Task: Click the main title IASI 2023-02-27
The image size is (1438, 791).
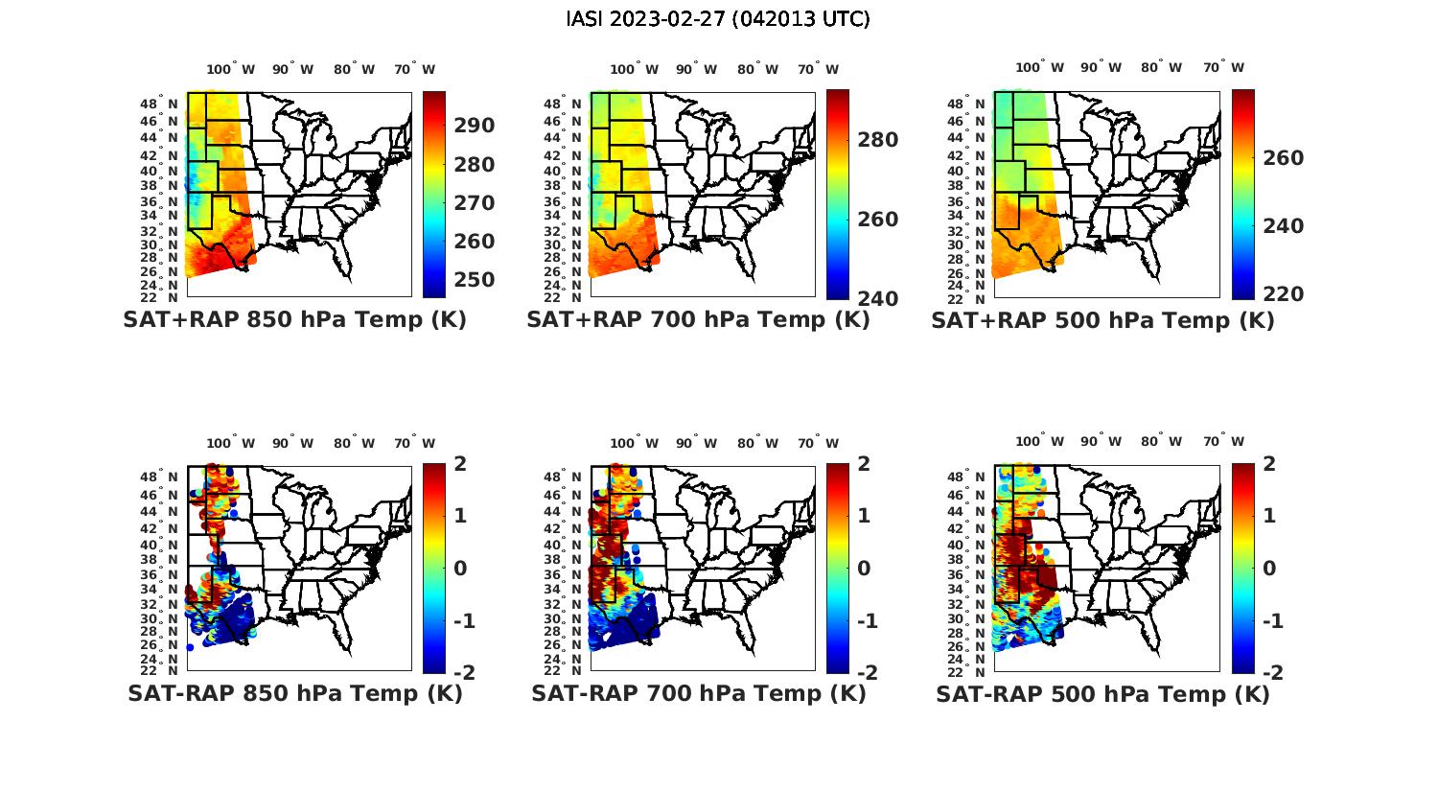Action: [x=718, y=19]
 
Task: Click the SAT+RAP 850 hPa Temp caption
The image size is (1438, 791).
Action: [x=294, y=320]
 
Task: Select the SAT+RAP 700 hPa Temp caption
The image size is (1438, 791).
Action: [x=698, y=320]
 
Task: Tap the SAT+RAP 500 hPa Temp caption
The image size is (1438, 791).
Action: [x=1102, y=320]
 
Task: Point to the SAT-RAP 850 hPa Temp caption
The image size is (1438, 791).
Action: [x=294, y=693]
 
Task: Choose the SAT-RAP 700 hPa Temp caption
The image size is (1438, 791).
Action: [x=698, y=693]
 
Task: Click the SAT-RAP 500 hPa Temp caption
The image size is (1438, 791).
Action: [x=1102, y=694]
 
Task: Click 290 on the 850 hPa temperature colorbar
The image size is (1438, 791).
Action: [x=475, y=126]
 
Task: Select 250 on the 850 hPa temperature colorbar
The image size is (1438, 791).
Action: [x=475, y=280]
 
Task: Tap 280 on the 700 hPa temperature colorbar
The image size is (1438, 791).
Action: [x=878, y=140]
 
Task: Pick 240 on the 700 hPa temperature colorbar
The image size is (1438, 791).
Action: [x=878, y=298]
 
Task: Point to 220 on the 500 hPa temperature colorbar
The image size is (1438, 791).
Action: [x=1283, y=294]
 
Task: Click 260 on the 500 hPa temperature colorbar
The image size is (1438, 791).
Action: [x=1283, y=158]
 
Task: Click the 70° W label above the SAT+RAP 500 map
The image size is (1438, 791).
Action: [x=1223, y=68]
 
